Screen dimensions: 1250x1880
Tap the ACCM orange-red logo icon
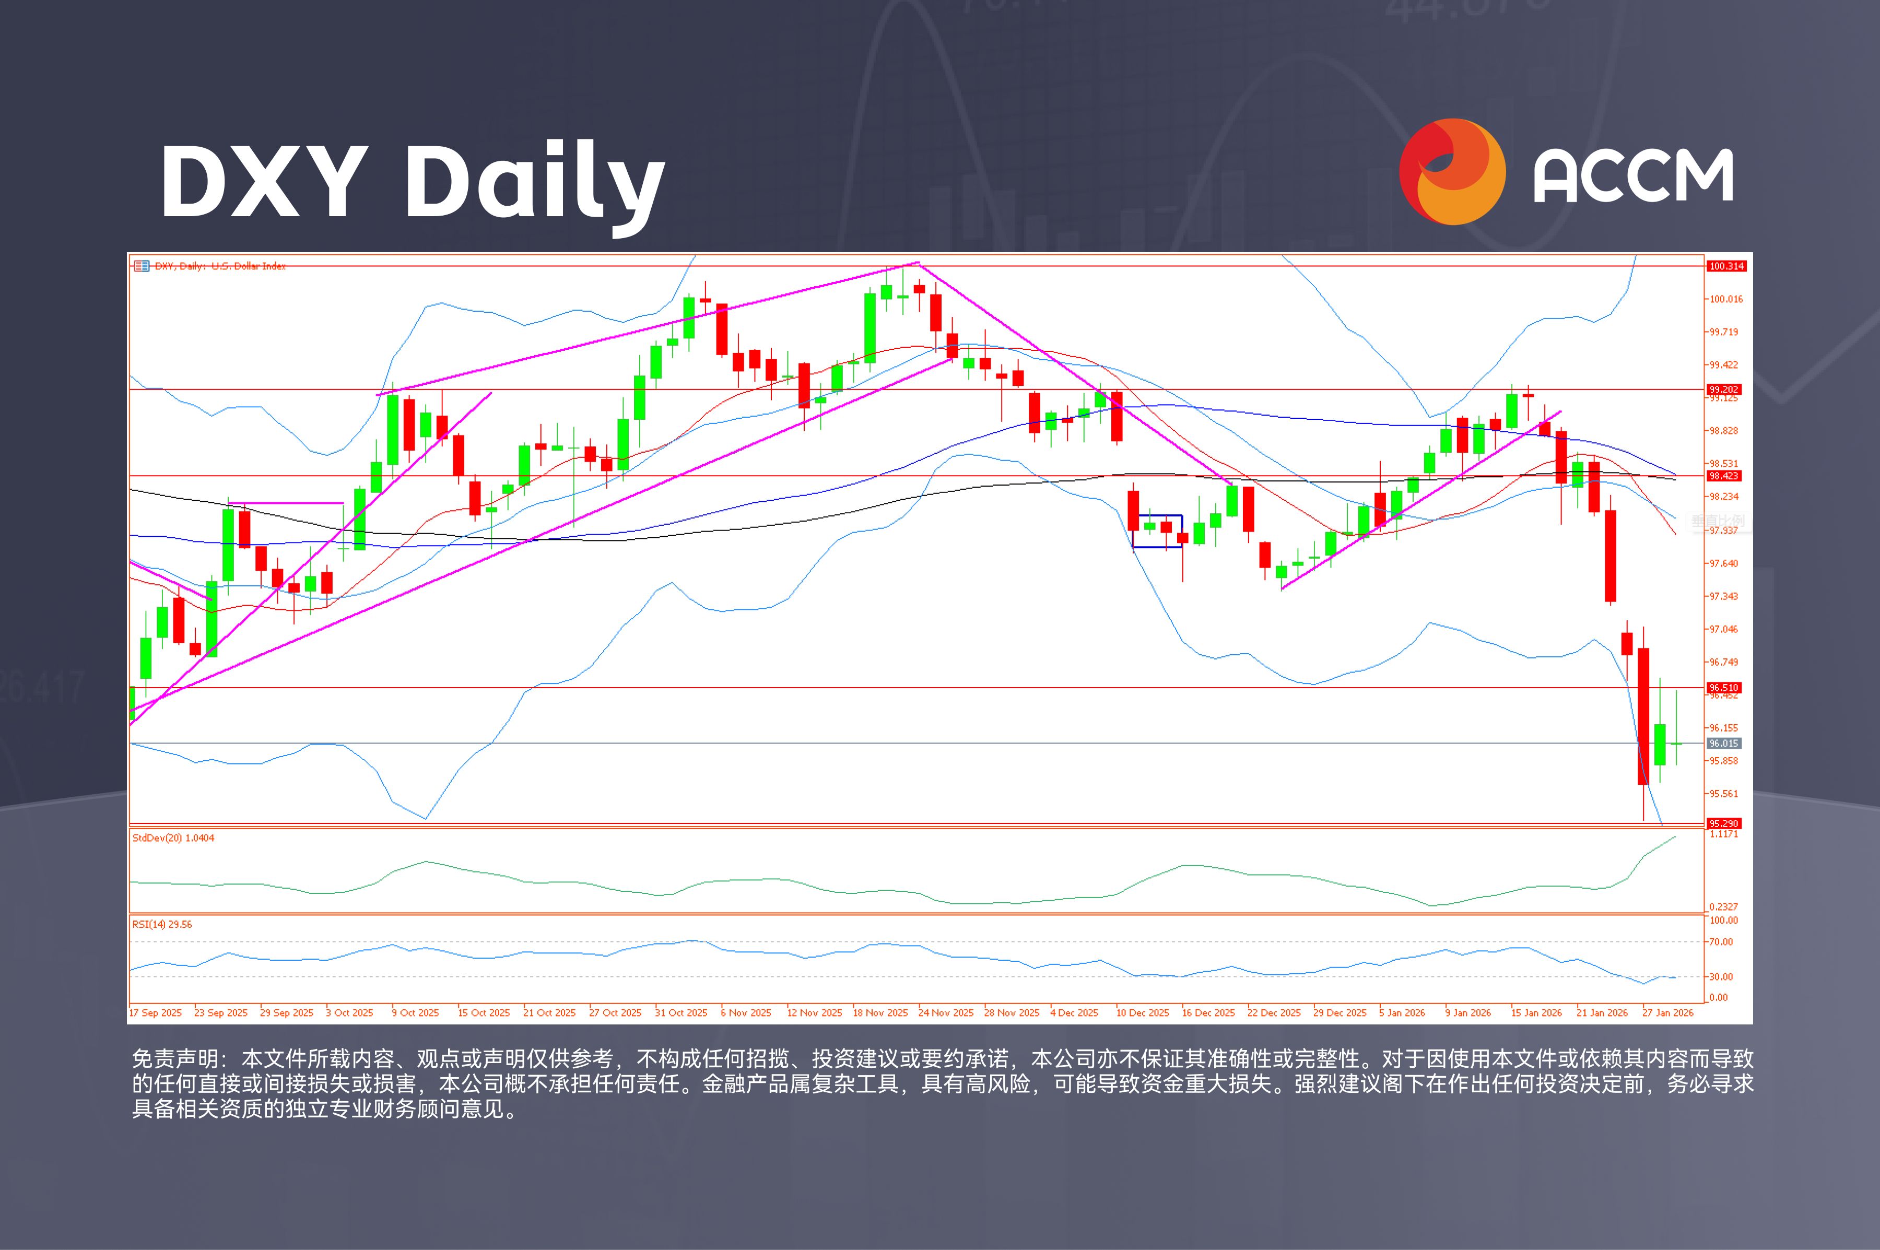[1452, 171]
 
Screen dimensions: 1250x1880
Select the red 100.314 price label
[1726, 266]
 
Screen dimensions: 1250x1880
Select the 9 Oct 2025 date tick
[415, 1012]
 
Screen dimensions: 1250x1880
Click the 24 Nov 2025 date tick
[946, 1012]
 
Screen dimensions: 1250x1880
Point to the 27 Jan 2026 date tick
[1668, 1012]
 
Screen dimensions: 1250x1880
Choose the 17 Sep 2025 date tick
[156, 1012]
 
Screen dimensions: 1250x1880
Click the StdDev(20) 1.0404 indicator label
[173, 838]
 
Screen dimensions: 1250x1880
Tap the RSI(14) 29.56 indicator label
[162, 924]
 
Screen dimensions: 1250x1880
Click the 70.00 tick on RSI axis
[1721, 941]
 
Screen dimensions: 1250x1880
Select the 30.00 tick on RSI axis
[1721, 976]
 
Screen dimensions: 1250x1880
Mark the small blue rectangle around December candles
[1157, 531]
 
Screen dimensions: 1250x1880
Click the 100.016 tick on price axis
[1725, 299]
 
